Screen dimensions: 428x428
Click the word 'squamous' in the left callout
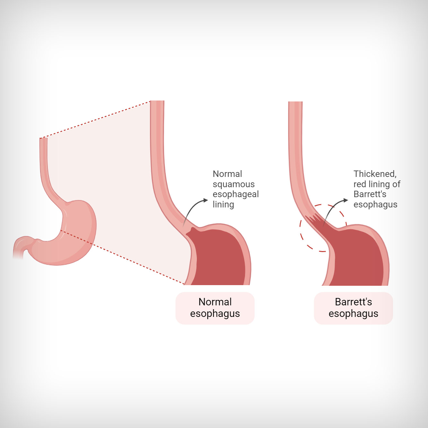coord(233,184)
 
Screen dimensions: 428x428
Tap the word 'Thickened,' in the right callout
coord(375,174)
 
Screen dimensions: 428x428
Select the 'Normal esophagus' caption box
coord(215,308)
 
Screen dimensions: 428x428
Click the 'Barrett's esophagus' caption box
coord(354,308)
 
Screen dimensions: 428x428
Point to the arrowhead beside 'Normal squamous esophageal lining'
coord(206,200)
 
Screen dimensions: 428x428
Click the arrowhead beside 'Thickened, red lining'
coord(345,200)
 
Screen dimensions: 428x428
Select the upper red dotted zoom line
coord(95,119)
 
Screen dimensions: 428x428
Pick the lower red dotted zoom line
coord(122,257)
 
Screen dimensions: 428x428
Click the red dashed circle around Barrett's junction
coord(300,231)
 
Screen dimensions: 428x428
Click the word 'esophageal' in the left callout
coord(236,194)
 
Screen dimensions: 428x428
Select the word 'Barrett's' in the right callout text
coord(370,194)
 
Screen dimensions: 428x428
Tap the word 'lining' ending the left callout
coord(223,204)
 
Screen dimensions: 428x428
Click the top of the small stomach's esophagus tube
coord(44,139)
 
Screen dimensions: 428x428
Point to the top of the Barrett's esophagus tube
coord(295,102)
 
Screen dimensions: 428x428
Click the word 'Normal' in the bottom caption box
coord(215,302)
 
